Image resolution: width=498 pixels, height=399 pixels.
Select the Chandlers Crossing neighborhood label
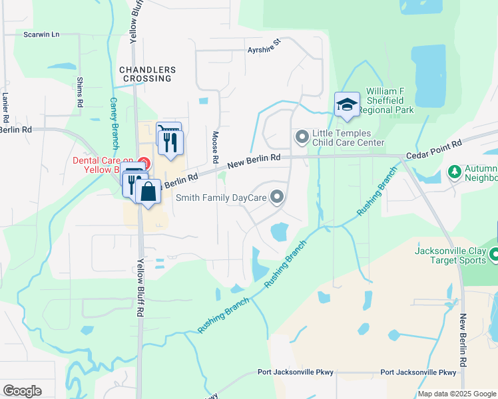pyautogui.click(x=147, y=74)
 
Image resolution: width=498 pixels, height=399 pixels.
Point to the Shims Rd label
pyautogui.click(x=79, y=92)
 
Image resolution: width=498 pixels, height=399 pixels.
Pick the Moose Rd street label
pyautogui.click(x=215, y=147)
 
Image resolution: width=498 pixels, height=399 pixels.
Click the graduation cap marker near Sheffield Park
pyautogui.click(x=347, y=105)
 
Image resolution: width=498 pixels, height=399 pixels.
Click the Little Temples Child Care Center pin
pyautogui.click(x=302, y=137)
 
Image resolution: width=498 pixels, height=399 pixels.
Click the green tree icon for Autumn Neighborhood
pyautogui.click(x=455, y=173)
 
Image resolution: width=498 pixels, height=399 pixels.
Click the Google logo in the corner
pyautogui.click(x=22, y=391)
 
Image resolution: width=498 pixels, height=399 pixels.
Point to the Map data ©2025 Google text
pyautogui.click(x=456, y=394)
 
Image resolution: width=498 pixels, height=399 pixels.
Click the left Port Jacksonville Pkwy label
pyautogui.click(x=296, y=372)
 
